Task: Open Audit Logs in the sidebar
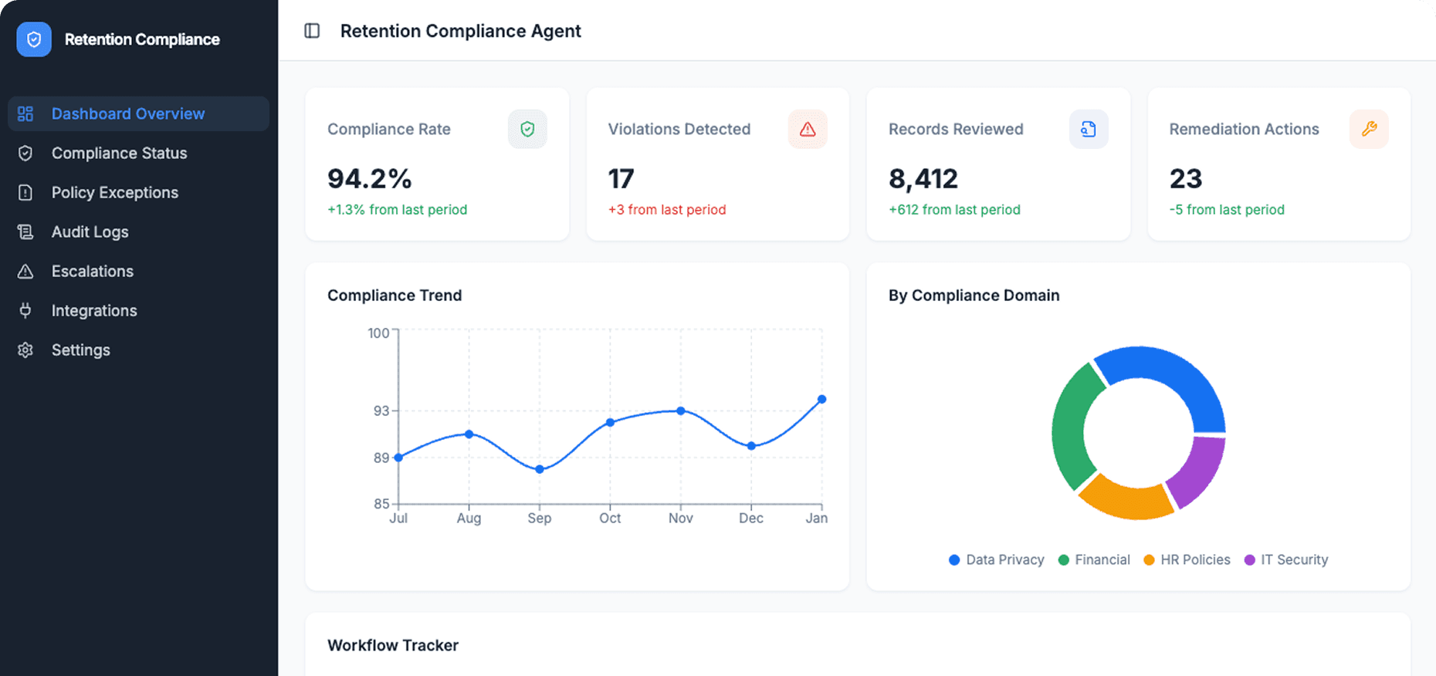[90, 232]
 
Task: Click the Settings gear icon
[25, 350]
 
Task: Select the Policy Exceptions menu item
[114, 192]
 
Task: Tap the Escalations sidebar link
[92, 271]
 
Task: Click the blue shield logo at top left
[34, 39]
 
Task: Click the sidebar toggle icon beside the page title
[312, 31]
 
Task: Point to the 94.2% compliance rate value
[369, 179]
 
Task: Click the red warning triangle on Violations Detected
[808, 129]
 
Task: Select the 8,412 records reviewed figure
[923, 179]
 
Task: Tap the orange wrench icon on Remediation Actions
[1369, 129]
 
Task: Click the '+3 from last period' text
[666, 209]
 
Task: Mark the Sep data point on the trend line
[540, 469]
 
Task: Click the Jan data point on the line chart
[821, 399]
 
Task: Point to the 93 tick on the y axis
[381, 411]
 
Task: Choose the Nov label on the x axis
[680, 518]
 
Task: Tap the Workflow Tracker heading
[392, 645]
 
